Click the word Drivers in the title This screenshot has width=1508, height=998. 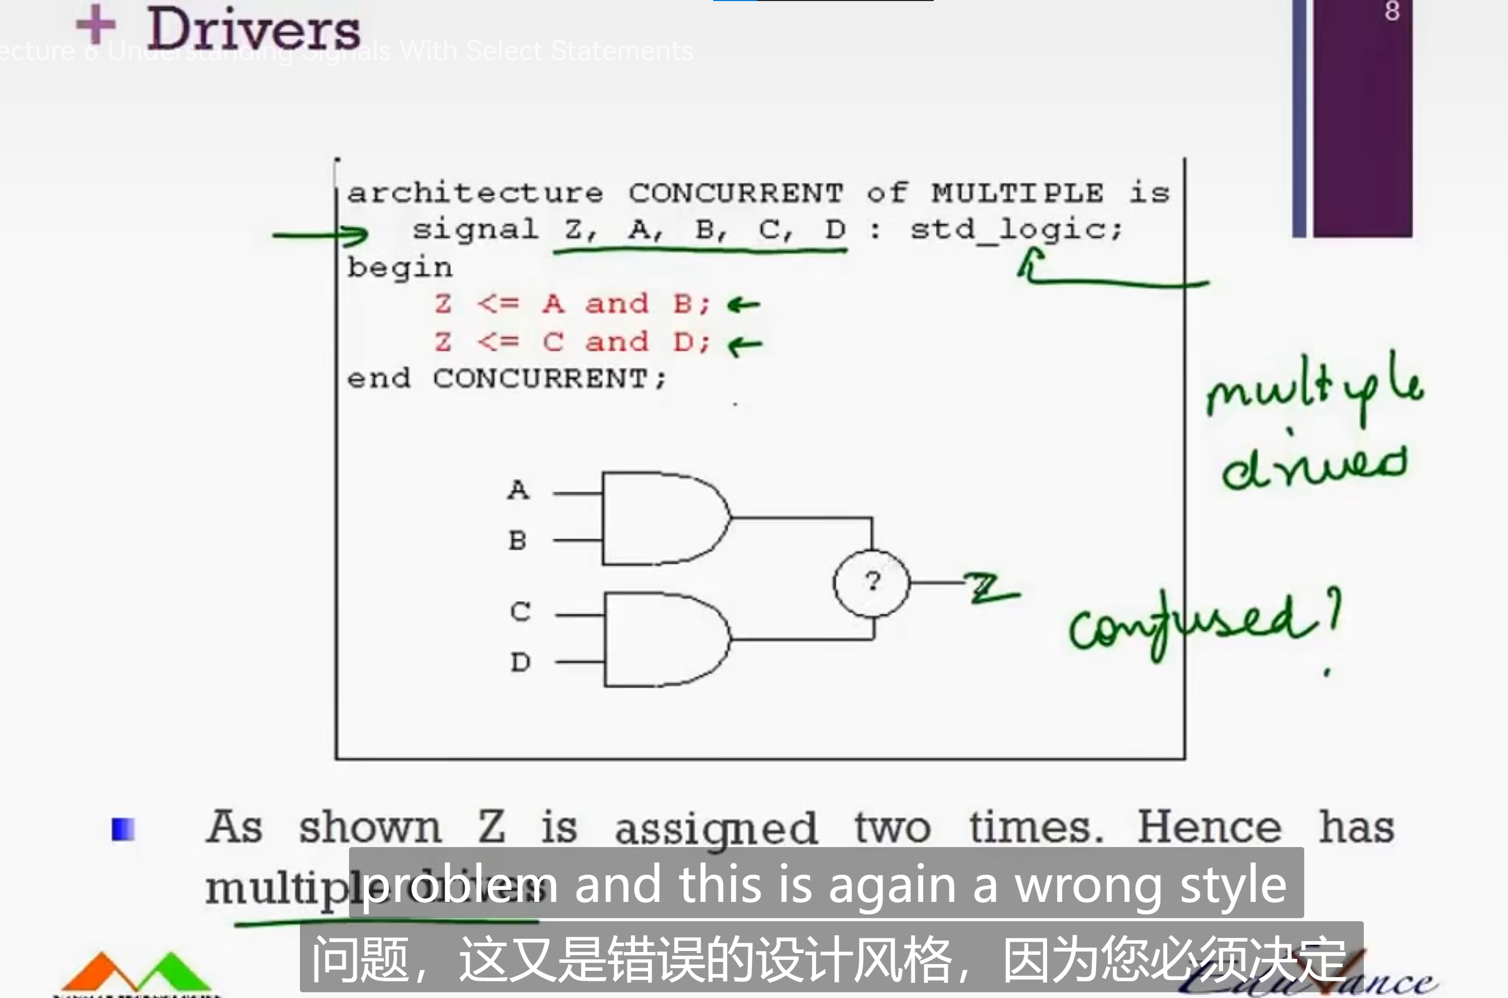(253, 29)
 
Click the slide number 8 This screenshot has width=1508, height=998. (1392, 11)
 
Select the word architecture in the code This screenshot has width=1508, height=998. (475, 193)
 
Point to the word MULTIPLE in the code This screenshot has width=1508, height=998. (1017, 193)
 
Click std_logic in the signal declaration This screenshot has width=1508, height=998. (1015, 230)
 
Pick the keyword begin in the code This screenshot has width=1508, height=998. (399, 268)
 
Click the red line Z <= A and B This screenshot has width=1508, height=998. (571, 304)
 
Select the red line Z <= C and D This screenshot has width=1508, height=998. (571, 343)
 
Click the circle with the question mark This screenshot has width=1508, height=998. (872, 582)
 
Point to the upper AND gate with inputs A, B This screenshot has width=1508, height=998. (663, 518)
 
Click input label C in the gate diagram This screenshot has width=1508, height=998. (519, 612)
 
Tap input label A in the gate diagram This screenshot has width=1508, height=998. (518, 489)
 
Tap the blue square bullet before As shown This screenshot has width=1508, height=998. (123, 829)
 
